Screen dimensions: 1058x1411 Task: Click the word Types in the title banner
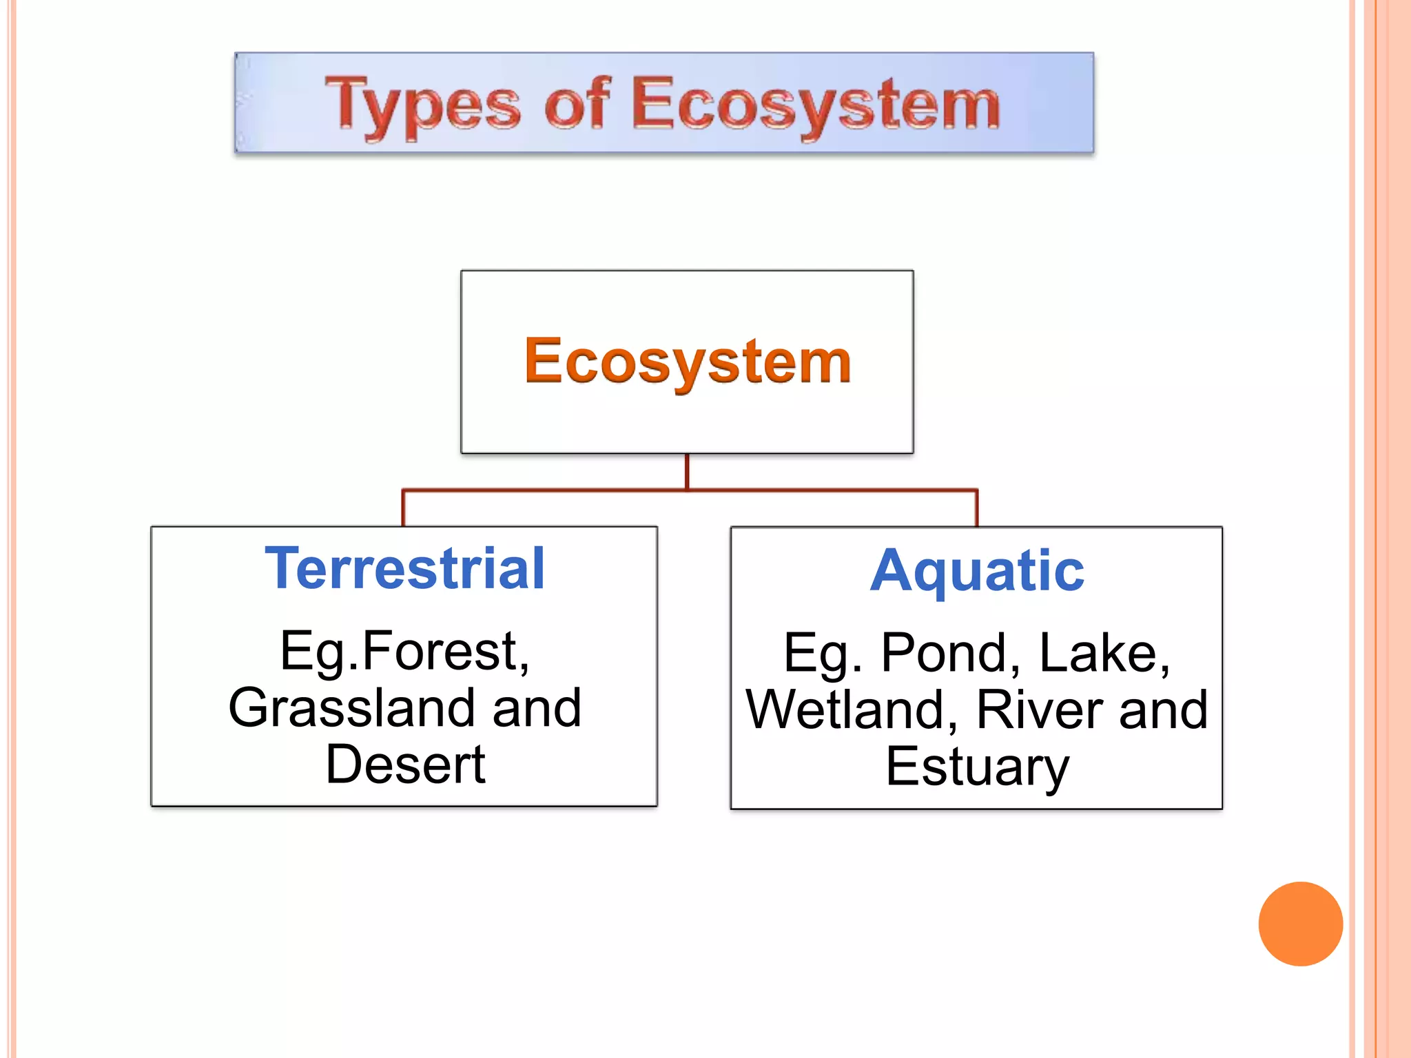point(422,105)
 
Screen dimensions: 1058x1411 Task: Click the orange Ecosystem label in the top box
point(688,362)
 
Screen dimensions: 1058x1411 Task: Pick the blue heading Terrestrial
point(405,569)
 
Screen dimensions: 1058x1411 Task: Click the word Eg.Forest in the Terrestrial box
point(404,652)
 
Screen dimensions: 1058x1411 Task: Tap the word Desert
point(405,765)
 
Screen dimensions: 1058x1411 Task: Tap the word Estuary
point(977,766)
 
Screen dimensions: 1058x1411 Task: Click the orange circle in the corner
point(1300,924)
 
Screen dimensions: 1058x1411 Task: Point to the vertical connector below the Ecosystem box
point(687,472)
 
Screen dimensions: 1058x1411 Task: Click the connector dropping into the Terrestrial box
point(403,508)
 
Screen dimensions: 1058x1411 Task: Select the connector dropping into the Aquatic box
point(976,508)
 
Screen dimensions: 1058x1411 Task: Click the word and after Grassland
point(537,708)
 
